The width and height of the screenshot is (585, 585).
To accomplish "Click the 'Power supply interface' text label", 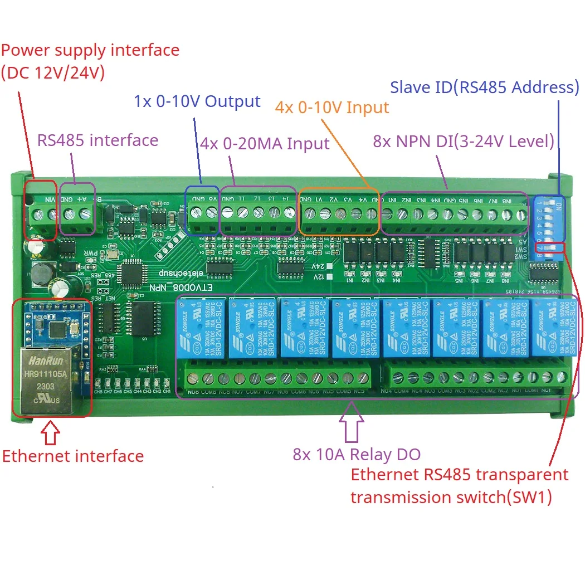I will coord(90,51).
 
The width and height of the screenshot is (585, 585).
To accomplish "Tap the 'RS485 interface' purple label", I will coord(97,140).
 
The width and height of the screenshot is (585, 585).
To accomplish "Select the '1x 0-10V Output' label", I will coord(197,101).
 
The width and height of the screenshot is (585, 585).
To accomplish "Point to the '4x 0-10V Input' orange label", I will coord(332,107).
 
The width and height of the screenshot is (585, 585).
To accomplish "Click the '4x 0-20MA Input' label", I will coord(265,144).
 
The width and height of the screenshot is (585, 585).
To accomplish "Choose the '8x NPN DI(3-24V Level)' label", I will coord(464,142).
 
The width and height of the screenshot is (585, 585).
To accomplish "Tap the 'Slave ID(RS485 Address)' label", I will coord(484,87).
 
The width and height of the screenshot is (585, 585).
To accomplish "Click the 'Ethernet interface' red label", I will coord(73,456).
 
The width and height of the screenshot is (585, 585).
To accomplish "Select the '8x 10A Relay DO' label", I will coord(357,454).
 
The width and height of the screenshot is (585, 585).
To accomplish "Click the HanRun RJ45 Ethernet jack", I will coord(47,379).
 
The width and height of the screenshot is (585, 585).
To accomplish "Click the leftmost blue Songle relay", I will coord(202,328).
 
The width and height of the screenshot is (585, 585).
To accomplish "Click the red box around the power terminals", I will coord(41,211).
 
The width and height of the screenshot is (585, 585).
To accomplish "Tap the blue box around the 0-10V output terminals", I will coord(202,211).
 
